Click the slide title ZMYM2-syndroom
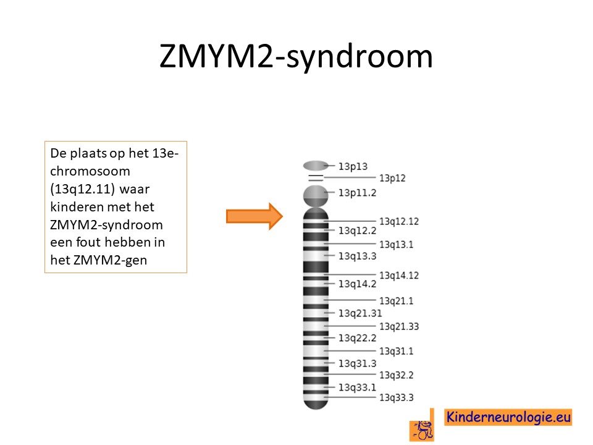click(x=296, y=57)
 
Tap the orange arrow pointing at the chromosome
click(x=254, y=216)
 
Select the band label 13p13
click(x=353, y=166)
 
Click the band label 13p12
click(x=392, y=178)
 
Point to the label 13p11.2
click(x=358, y=193)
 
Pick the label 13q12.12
click(x=399, y=221)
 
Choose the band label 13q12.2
click(x=358, y=231)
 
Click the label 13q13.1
click(x=397, y=245)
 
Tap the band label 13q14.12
click(x=399, y=276)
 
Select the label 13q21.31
click(x=360, y=313)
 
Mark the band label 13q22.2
click(x=358, y=337)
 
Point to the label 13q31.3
click(x=358, y=363)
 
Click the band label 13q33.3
click(x=397, y=397)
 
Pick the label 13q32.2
click(x=397, y=375)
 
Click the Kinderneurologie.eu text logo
click(x=508, y=417)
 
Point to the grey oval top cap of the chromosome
click(x=316, y=166)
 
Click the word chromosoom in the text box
click(x=90, y=171)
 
